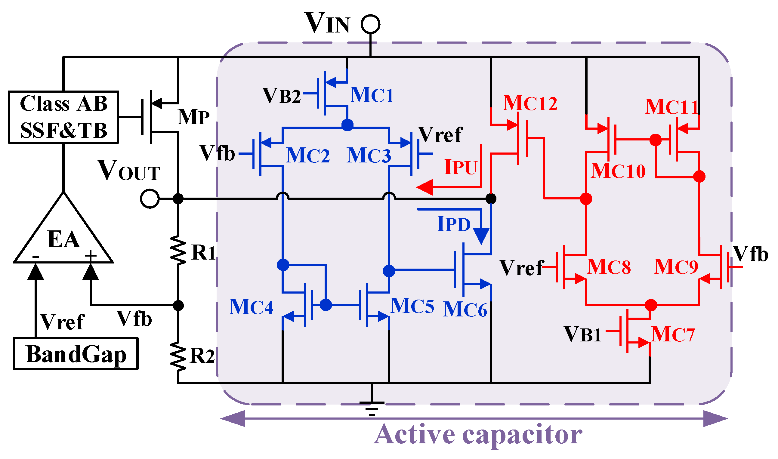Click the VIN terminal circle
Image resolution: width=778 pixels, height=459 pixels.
coord(371,24)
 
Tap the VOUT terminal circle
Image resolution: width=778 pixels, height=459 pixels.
coord(150,199)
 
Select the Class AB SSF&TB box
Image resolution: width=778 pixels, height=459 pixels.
coord(63,117)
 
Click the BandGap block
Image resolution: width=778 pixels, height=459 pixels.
coord(76,354)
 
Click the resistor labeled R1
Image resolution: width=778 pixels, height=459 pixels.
coord(178,251)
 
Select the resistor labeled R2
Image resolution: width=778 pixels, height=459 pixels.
coord(178,356)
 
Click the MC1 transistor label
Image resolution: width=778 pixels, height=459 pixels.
coord(372,95)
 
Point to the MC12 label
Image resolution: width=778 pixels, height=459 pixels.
coord(530,103)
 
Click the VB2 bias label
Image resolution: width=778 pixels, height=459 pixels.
coord(282,96)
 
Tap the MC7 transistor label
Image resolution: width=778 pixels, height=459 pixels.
coord(673,334)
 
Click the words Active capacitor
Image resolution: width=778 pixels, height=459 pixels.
coord(478,435)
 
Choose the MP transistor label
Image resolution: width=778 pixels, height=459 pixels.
coord(194,117)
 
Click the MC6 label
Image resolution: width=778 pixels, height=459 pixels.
coord(465,310)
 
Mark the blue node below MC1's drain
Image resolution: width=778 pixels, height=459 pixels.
coord(347,125)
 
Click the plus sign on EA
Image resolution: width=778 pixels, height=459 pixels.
coord(91,255)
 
